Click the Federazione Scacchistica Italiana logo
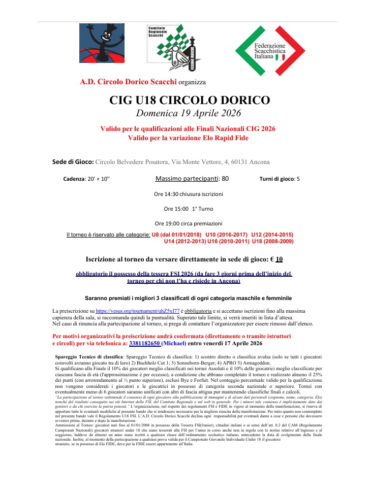pos(270,51)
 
